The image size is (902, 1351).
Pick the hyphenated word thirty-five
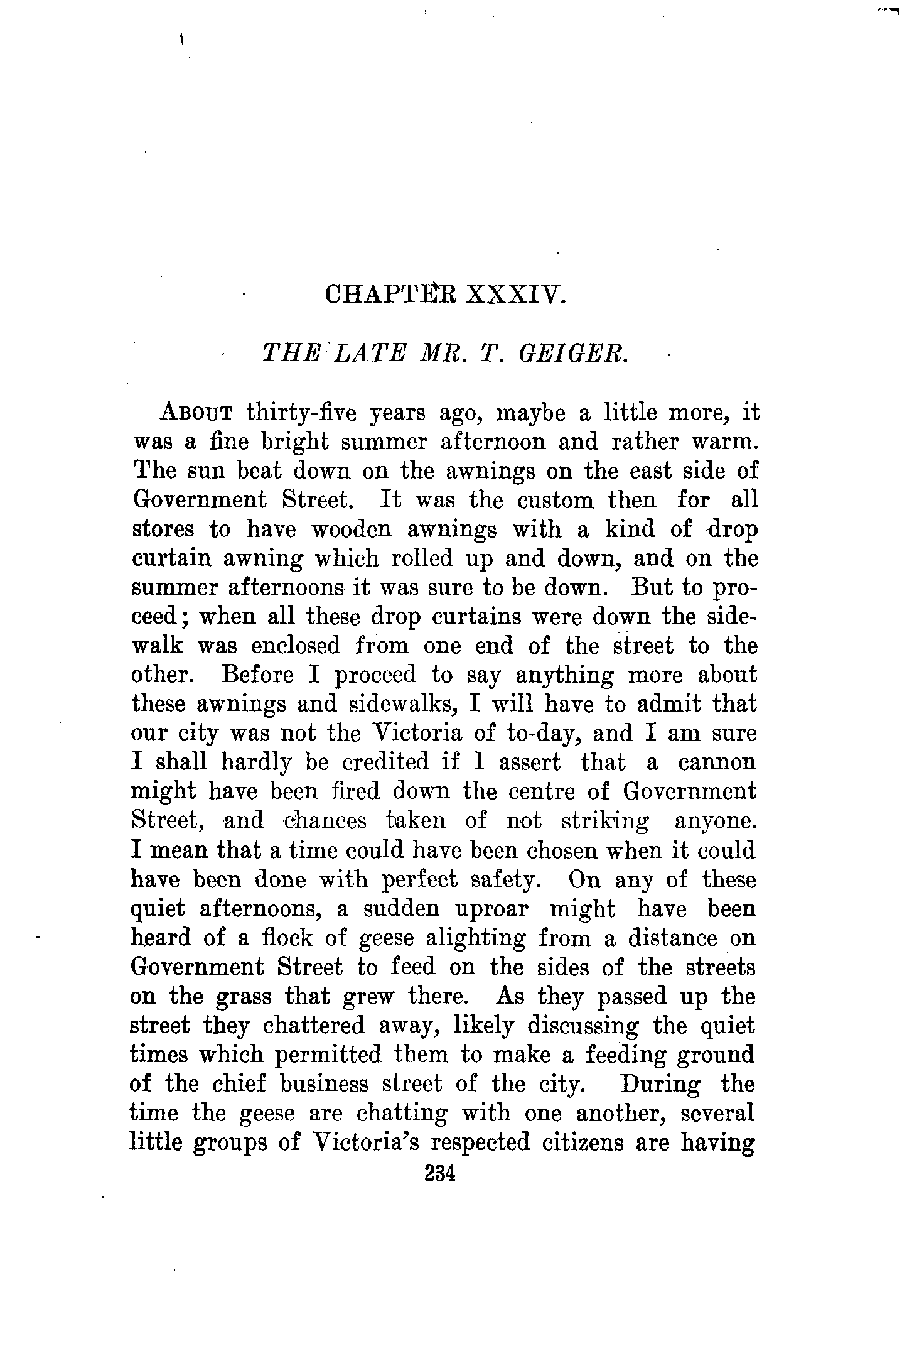pyautogui.click(x=301, y=414)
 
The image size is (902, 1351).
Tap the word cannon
pyautogui.click(x=717, y=762)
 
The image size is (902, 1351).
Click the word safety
pyautogui.click(x=505, y=880)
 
